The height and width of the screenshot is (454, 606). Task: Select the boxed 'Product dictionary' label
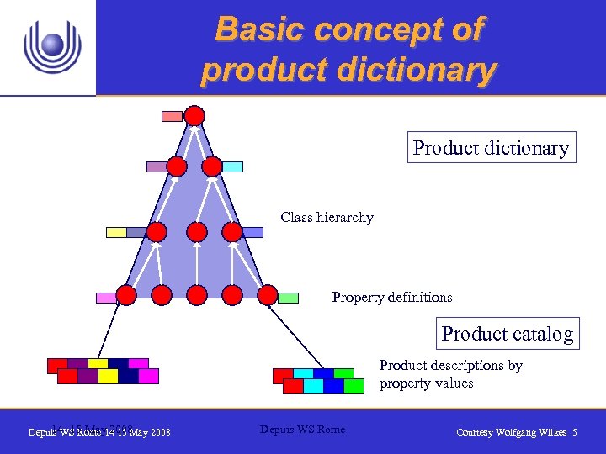[x=491, y=148]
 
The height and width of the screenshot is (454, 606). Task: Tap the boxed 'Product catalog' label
[x=508, y=334]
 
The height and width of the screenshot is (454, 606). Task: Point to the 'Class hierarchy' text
[x=327, y=218]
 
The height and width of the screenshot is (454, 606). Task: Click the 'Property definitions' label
[x=391, y=297]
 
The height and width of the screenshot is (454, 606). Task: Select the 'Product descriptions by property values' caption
[x=450, y=374]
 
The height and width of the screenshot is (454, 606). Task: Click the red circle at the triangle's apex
[x=194, y=115]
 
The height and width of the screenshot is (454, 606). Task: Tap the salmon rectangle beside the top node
[x=172, y=116]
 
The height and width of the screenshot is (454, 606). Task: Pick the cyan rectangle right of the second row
[x=233, y=166]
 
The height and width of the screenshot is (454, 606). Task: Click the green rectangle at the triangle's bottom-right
[x=289, y=297]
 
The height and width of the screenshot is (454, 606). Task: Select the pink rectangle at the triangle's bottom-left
[x=106, y=298]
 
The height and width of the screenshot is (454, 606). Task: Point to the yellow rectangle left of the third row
[x=116, y=232]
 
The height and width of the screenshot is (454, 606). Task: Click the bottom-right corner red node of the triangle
[x=267, y=294]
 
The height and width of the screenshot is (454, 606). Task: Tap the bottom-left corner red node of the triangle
[x=126, y=294]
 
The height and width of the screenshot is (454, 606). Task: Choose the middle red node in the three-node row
[x=196, y=231]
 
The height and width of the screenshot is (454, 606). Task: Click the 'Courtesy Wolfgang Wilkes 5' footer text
[x=516, y=432]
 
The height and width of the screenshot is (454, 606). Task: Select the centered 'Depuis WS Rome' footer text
[x=302, y=430]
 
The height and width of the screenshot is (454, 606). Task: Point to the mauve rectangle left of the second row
[x=157, y=166]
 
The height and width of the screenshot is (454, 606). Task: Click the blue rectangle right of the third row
[x=252, y=232]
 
